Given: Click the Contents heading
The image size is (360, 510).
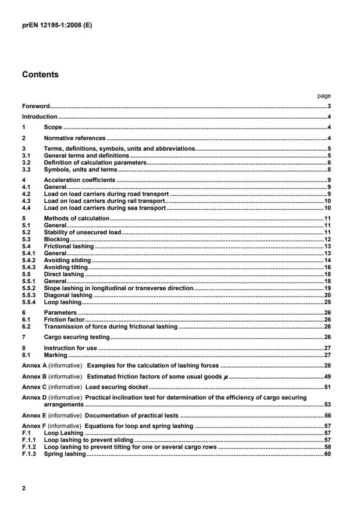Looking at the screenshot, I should pyautogui.click(x=40, y=75).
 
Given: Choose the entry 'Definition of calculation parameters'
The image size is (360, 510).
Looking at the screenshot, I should pyautogui.click(x=95, y=164).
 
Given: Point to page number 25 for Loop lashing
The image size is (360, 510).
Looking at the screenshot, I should pyautogui.click(x=327, y=302).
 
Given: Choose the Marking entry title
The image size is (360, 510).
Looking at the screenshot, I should pyautogui.click(x=56, y=355).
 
